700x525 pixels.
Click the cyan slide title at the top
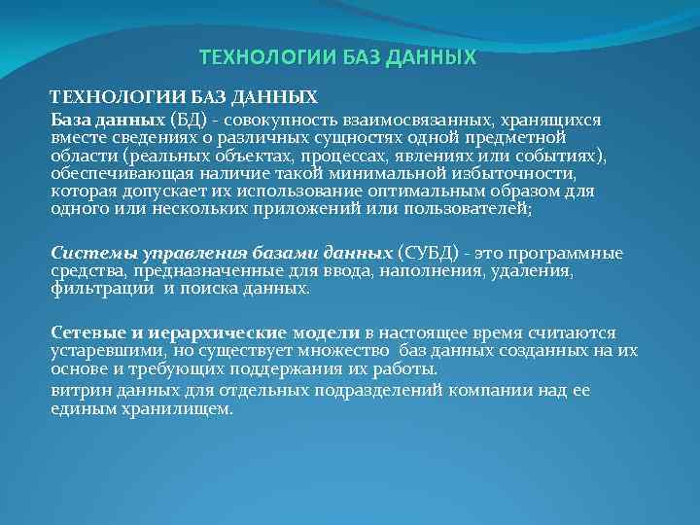pos(338,57)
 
